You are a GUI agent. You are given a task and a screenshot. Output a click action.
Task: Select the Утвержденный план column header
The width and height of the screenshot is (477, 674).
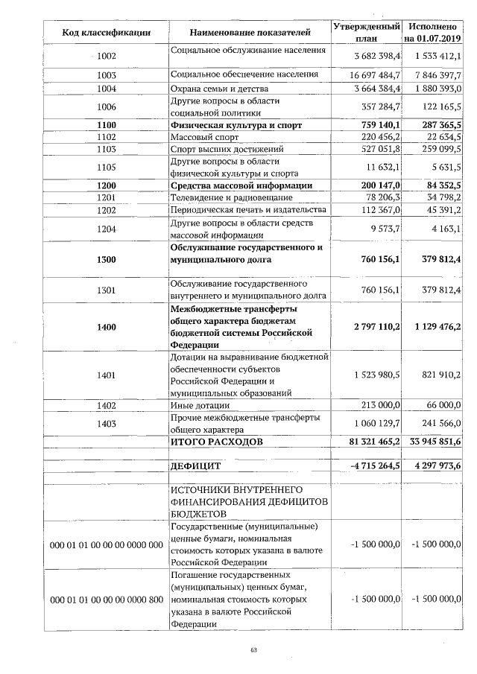[366, 32]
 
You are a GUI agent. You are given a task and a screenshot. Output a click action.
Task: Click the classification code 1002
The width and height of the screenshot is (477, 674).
[107, 56]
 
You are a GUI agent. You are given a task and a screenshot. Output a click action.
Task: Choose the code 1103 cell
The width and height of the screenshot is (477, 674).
[107, 149]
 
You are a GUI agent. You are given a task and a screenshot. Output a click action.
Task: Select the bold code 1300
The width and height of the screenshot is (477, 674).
[107, 259]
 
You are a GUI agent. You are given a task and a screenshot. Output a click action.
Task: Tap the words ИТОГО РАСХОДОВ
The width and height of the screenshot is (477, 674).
[217, 442]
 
